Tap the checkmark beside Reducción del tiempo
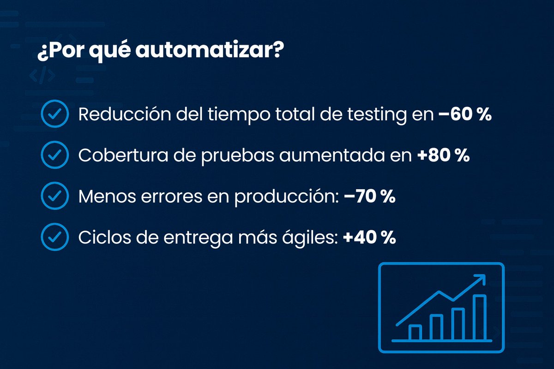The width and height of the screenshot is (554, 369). pyautogui.click(x=55, y=114)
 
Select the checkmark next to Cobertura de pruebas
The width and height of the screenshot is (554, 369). pyautogui.click(x=55, y=155)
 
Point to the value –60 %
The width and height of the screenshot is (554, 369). pyautogui.click(x=464, y=114)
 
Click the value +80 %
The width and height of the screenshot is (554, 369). pyautogui.click(x=443, y=156)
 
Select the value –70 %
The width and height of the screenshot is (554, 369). pyautogui.click(x=369, y=197)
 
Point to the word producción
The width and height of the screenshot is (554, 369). pyautogui.click(x=286, y=198)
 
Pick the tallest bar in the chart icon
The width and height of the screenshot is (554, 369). pyautogui.click(x=480, y=317)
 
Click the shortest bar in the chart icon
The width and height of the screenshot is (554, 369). pyautogui.click(x=415, y=332)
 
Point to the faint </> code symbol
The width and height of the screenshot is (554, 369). pyautogui.click(x=42, y=76)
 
